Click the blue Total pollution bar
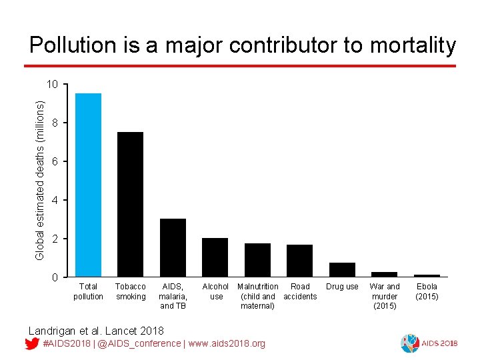click(x=88, y=185)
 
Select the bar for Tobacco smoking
click(x=130, y=204)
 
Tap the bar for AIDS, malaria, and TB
click(x=173, y=247)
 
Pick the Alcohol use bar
click(x=215, y=257)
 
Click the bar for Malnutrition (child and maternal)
click(x=257, y=260)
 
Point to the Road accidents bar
click(x=299, y=261)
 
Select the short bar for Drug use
click(x=342, y=269)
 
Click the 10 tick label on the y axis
click(x=53, y=84)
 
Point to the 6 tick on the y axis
click(x=56, y=161)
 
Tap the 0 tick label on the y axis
click(x=56, y=277)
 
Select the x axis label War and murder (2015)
click(x=385, y=296)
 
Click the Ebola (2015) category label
click(x=427, y=291)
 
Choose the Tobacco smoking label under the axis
click(x=131, y=291)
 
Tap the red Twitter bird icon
click(x=31, y=343)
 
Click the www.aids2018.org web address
click(x=227, y=343)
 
